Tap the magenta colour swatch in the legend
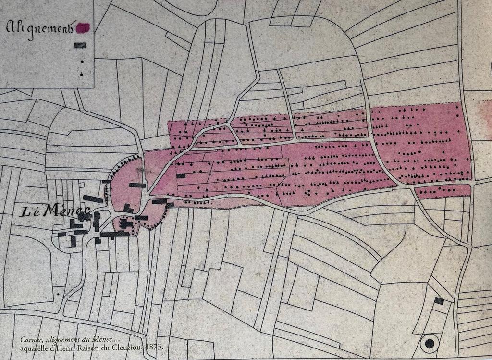pos(83,28)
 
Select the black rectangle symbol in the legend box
pos(80,45)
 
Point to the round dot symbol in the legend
pos(82,62)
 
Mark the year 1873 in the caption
pos(155,347)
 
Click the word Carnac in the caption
pos(31,339)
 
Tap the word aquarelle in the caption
pos(35,347)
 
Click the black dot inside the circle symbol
pos(430,343)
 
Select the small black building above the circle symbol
pos(439,301)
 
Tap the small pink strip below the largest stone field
pos(442,192)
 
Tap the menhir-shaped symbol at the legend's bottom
pos(82,74)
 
